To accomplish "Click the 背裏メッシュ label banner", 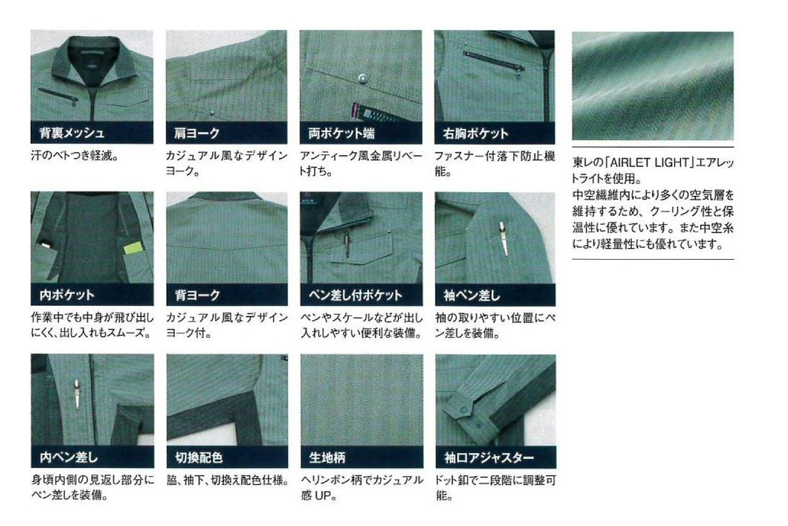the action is [92, 132].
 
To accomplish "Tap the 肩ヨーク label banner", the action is [227, 133].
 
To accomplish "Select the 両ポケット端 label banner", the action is [361, 133].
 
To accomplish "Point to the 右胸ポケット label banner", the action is [494, 133].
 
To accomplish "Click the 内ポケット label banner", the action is [92, 295].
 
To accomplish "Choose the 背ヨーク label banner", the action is [227, 295].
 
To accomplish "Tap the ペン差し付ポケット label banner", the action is [361, 295].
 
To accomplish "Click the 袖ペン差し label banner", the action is [495, 295].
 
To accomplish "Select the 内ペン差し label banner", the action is [93, 456].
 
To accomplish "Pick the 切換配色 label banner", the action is [227, 456].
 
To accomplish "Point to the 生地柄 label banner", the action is [362, 457].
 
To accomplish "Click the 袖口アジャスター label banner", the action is [496, 457].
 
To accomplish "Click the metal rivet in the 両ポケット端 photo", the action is [361, 78].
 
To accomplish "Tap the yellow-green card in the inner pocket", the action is [135, 249].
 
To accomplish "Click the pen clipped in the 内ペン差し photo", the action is [77, 395].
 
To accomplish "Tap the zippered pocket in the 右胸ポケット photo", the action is [494, 60].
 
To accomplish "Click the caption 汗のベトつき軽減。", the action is [75, 155].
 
